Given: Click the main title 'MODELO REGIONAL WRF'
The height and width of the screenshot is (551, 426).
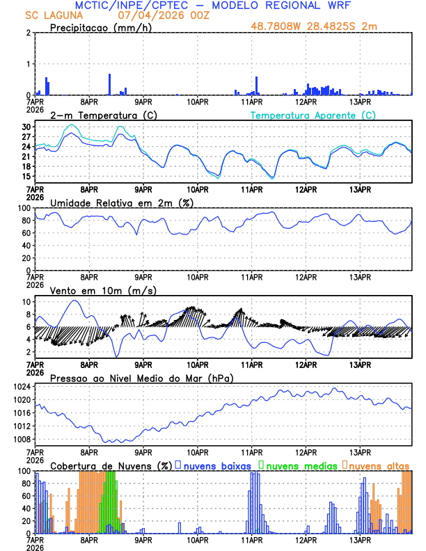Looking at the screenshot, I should click(292, 6).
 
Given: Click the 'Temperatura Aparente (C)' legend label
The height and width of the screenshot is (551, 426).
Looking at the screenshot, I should click(313, 115).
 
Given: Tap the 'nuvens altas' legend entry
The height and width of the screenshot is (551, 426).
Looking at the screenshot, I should click(379, 465).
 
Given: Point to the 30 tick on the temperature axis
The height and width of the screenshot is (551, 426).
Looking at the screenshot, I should click(26, 127).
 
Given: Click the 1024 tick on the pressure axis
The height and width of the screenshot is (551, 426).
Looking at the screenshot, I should click(22, 386).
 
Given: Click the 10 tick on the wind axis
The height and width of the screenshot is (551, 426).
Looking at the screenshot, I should click(26, 302).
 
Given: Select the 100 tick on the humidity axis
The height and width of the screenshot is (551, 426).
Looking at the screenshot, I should click(24, 208).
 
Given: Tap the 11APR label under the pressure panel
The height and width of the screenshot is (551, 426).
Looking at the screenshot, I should click(251, 452).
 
